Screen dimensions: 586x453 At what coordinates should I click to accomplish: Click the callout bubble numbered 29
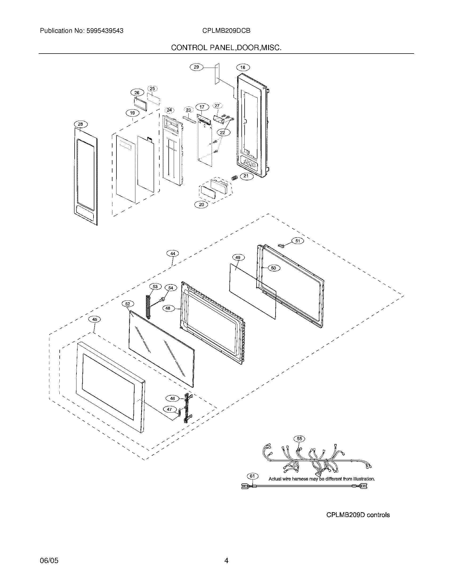click(196, 67)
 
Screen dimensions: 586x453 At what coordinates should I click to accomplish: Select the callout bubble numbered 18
click(242, 67)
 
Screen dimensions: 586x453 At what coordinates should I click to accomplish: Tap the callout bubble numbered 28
click(80, 124)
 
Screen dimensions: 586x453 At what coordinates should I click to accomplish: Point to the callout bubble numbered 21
click(246, 176)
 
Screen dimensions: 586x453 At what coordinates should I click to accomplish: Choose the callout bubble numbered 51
click(298, 241)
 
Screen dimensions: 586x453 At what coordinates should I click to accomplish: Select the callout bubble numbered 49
click(238, 258)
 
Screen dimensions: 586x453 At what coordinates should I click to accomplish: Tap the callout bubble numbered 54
click(171, 288)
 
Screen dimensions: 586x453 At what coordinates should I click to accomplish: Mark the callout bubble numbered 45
click(95, 319)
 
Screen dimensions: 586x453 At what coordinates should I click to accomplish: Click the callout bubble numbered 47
click(169, 409)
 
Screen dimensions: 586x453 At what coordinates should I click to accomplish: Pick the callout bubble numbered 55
click(299, 439)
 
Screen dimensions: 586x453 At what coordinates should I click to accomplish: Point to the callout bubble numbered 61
click(252, 476)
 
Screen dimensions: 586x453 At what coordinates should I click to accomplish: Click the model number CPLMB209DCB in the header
click(226, 31)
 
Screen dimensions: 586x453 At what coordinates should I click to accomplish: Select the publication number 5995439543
click(105, 31)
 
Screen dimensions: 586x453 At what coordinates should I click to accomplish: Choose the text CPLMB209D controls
click(358, 515)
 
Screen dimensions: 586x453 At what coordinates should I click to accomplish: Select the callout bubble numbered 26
click(137, 93)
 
